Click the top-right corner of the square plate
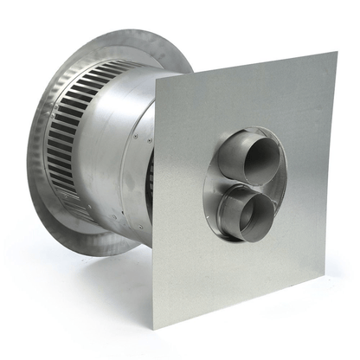pyautogui.click(x=336, y=53)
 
